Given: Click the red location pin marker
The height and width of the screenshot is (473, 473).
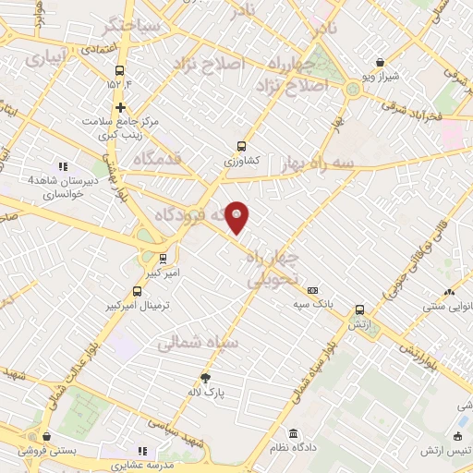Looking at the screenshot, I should pyautogui.click(x=237, y=216).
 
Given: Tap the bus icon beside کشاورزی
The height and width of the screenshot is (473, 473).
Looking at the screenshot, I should pyautogui.click(x=241, y=145).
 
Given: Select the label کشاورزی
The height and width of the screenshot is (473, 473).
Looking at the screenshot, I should pyautogui.click(x=242, y=161).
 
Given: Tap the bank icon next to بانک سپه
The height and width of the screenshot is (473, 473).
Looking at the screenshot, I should pyautogui.click(x=312, y=289).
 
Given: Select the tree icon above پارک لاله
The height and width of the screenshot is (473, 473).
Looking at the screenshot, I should pyautogui.click(x=205, y=377).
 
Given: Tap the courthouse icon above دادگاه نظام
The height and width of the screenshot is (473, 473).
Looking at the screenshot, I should pyautogui.click(x=294, y=433).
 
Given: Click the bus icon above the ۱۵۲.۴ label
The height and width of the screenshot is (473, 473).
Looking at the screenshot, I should pyautogui.click(x=119, y=70).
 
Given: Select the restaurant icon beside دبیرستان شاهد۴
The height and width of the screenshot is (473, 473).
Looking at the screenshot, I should pyautogui.click(x=62, y=165).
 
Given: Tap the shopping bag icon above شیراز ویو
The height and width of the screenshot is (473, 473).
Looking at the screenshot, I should pyautogui.click(x=380, y=62).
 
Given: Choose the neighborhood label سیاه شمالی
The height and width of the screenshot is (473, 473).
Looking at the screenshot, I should pyautogui.click(x=198, y=343).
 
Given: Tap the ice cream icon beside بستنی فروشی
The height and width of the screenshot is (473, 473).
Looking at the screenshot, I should pyautogui.click(x=46, y=437).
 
